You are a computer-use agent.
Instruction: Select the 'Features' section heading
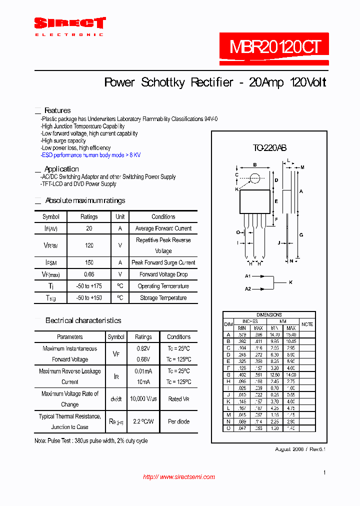[x=57, y=110]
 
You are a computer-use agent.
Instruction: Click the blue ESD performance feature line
[x=90, y=155]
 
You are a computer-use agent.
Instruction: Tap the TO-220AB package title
[x=269, y=148]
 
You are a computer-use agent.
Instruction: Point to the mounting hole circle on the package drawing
[x=255, y=178]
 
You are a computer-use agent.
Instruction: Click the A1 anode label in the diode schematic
[x=247, y=276]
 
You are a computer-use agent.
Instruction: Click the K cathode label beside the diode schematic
[x=290, y=282]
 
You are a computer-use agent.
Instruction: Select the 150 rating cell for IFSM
[x=89, y=262]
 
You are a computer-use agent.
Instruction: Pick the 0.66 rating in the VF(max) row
[x=89, y=274]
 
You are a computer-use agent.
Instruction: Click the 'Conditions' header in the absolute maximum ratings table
[x=163, y=217]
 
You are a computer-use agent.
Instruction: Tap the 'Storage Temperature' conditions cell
[x=163, y=298]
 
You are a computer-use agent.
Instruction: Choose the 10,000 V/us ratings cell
[x=143, y=398]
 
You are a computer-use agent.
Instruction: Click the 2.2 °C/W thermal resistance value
[x=143, y=421]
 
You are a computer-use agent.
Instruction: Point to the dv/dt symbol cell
[x=116, y=398]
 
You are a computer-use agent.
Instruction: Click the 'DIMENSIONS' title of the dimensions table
[x=269, y=315]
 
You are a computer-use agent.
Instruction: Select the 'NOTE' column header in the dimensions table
[x=307, y=324]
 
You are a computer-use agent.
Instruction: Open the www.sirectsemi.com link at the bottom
[x=179, y=477]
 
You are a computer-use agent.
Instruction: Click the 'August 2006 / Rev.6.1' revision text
[x=300, y=449]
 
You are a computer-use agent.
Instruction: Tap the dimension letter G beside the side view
[x=301, y=234]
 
